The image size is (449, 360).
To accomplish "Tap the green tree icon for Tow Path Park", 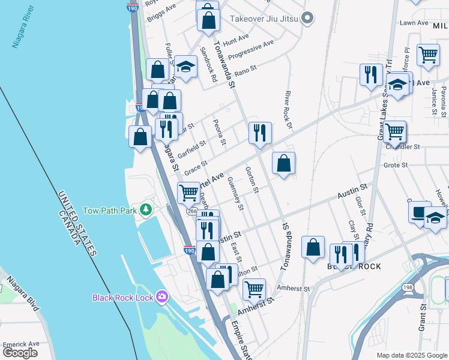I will pyautogui.click(x=145, y=209).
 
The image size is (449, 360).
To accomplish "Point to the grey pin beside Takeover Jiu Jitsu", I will pyautogui.click(x=308, y=19).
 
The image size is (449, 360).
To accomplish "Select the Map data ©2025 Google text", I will pyautogui.click(x=411, y=355).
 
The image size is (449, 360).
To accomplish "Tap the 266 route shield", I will pyautogui.click(x=191, y=211).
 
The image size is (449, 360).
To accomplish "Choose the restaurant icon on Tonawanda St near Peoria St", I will pyautogui.click(x=260, y=132).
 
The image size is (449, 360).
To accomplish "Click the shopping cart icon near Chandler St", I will pyautogui.click(x=394, y=130).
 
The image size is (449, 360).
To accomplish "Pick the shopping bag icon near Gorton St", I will pyautogui.click(x=283, y=163).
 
